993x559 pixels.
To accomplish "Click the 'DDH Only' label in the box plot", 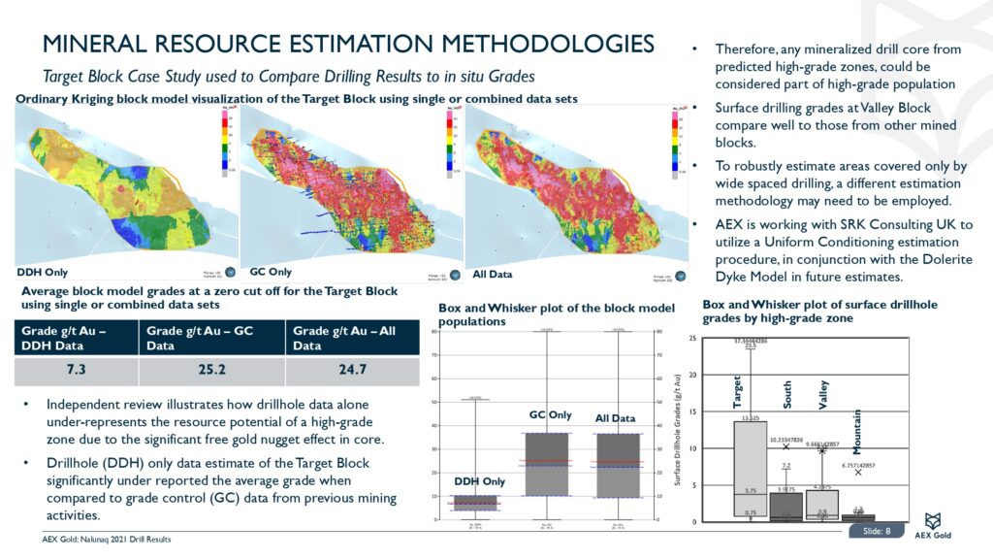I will tap(479, 481).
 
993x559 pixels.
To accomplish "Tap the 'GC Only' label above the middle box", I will tap(550, 414).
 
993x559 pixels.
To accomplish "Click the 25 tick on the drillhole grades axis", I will tap(720, 338).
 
